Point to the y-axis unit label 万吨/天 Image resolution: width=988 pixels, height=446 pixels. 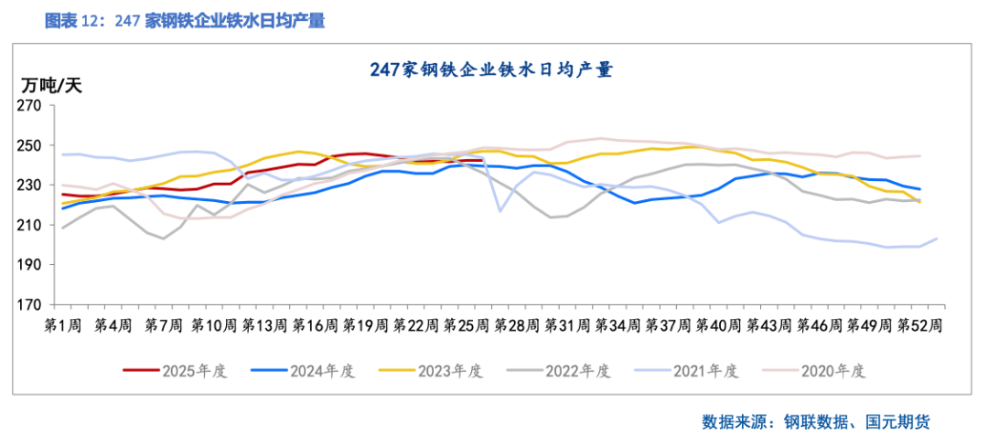pos(52,86)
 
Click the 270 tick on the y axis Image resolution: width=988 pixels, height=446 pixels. pos(32,106)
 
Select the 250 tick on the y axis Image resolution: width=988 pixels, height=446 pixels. pos(32,146)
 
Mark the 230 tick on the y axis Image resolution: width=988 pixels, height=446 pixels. pos(32,186)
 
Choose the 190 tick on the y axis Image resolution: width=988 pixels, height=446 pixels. pos(32,265)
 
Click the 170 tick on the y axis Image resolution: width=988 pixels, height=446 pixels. pos(32,305)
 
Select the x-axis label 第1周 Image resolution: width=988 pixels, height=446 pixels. pos(62,324)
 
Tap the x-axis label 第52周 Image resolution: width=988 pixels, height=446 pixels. pos(919,324)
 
